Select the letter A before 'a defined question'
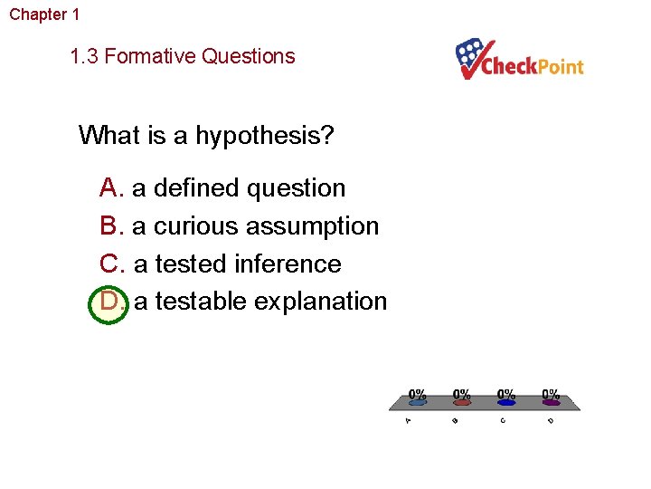coord(111,188)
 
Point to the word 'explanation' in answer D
coord(320,302)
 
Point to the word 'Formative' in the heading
coord(149,56)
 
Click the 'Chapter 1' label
coord(44,14)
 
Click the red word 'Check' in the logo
coord(511,67)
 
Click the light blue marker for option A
coord(417,403)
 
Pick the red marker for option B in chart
coord(462,403)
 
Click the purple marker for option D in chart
coord(551,403)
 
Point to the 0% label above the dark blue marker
coord(506,394)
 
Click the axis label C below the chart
coord(503,419)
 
